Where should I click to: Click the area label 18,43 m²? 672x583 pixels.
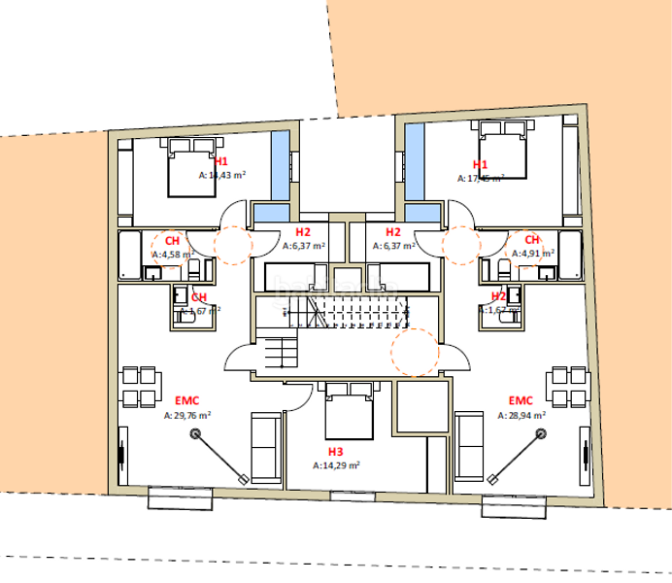click(221, 176)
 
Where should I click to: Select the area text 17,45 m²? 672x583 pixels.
click(481, 178)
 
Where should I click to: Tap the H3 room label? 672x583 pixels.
click(335, 452)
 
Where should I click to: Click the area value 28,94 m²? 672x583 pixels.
click(521, 414)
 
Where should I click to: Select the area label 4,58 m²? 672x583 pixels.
click(173, 255)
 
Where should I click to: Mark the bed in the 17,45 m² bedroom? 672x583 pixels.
click(502, 149)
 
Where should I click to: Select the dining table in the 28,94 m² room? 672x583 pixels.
click(568, 387)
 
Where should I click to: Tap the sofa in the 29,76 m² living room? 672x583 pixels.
click(266, 447)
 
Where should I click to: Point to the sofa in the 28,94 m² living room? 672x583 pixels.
click(472, 447)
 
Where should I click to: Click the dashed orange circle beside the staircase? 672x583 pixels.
click(414, 351)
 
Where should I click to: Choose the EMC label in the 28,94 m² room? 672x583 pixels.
click(521, 399)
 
